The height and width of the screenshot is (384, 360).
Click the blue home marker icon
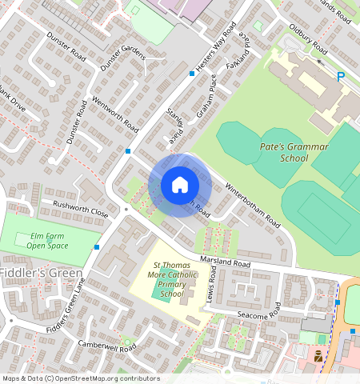point(180,186)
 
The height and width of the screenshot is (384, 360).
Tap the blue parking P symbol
point(341,77)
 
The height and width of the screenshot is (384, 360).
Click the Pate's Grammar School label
point(283,153)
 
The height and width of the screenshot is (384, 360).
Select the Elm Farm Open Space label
point(47,241)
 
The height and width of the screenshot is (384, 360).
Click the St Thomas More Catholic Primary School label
point(171,279)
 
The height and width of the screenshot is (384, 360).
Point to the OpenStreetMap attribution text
point(80,378)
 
